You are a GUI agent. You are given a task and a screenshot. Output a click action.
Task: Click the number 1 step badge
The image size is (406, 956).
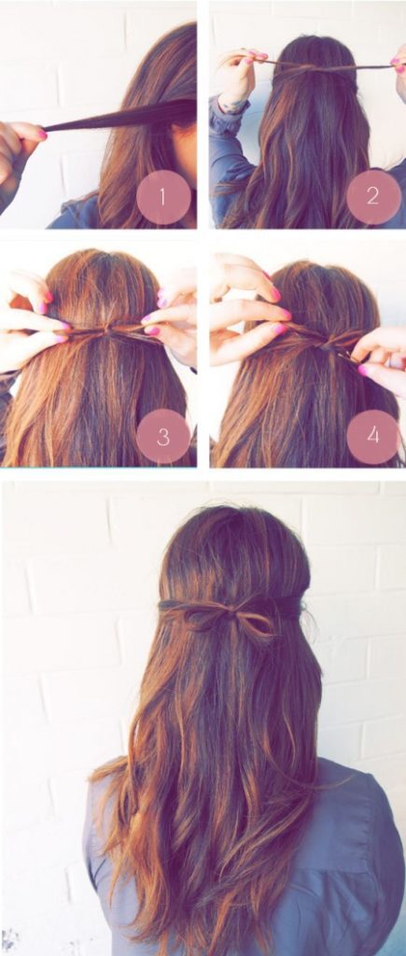[x=163, y=197]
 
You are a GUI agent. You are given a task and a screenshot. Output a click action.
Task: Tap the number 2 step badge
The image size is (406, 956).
[x=373, y=196]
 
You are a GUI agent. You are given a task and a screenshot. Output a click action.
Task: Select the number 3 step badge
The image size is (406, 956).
[x=163, y=436]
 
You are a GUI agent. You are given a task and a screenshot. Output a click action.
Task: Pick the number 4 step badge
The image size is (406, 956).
[x=373, y=436]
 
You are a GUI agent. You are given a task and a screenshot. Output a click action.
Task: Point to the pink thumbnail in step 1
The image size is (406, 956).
[x=41, y=133]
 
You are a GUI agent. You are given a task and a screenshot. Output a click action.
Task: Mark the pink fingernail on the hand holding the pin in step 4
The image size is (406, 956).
[x=364, y=370]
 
